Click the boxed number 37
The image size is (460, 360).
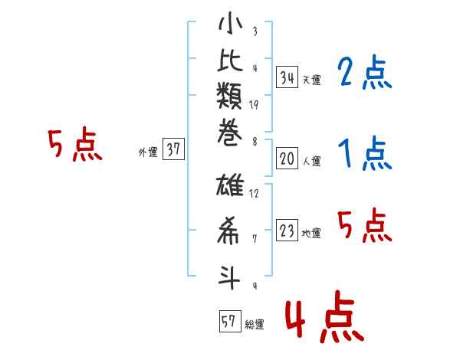click(174, 149)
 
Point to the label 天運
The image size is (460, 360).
click(311, 80)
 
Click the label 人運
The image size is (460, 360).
click(311, 162)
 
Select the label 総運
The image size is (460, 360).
click(255, 325)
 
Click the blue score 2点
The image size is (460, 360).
click(364, 74)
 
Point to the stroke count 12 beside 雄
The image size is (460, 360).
click(254, 194)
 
